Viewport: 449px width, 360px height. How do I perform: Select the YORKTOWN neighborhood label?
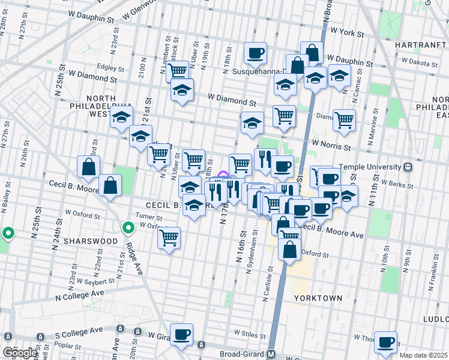click(x=318, y=298)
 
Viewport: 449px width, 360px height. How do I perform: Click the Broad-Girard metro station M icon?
click(x=271, y=354)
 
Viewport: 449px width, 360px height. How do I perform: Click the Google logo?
click(x=20, y=353)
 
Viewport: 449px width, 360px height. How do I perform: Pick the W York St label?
click(x=348, y=30)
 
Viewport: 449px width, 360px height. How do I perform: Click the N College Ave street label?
click(x=79, y=294)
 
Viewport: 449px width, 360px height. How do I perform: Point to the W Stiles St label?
click(x=251, y=332)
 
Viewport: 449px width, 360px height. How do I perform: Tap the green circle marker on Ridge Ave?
click(x=128, y=228)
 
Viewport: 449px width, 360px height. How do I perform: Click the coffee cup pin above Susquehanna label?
click(x=255, y=53)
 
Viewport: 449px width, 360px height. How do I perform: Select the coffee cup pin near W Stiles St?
click(x=181, y=334)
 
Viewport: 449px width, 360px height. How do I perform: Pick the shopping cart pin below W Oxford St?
click(x=169, y=238)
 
